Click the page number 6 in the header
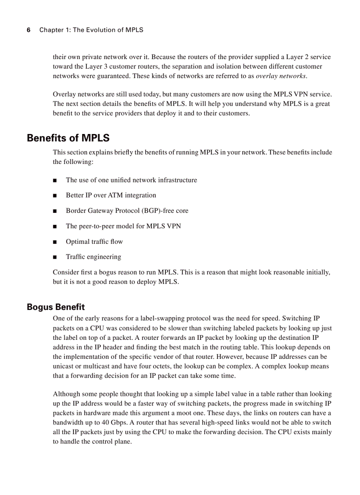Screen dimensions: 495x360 tap(29, 30)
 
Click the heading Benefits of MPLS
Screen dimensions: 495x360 tap(68, 138)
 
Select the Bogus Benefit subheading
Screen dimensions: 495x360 tap(56, 307)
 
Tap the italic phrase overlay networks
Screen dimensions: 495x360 tap(281, 76)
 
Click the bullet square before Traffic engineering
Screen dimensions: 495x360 tap(55, 257)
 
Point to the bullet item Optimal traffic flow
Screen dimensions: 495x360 tap(94, 242)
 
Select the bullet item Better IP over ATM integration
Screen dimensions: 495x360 tap(111, 195)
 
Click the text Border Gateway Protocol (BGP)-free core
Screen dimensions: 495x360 tap(127, 211)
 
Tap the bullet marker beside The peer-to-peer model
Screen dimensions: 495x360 tap(55, 227)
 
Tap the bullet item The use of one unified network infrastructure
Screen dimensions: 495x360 tap(131, 180)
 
